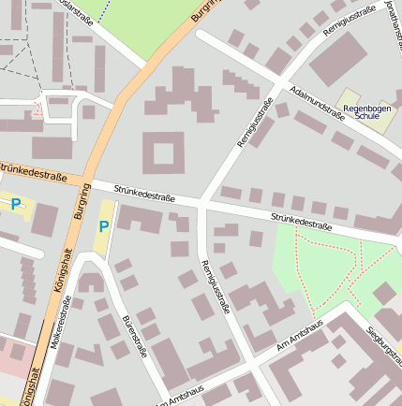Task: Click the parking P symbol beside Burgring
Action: (103, 225)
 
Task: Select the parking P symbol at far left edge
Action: (14, 202)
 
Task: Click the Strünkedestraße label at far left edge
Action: (33, 173)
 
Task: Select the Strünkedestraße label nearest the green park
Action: (302, 221)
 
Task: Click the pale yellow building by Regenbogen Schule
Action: (349, 97)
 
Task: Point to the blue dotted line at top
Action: (103, 9)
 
